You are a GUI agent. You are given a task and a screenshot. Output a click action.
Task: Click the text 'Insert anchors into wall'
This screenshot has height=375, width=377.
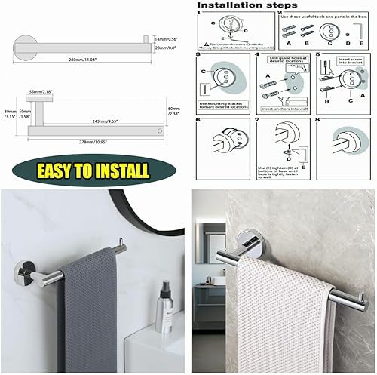[x=283, y=109]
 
